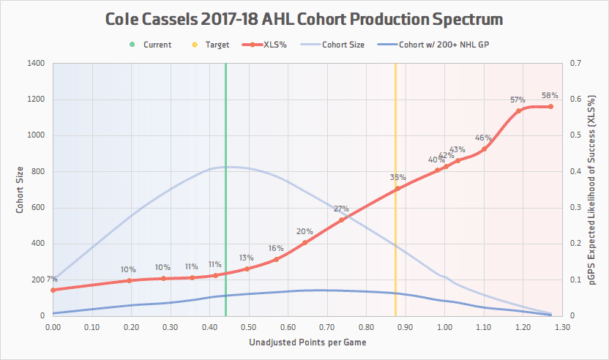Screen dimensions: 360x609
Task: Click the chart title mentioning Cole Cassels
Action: (304, 18)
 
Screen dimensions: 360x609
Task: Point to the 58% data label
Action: (550, 95)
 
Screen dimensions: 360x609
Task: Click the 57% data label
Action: (518, 100)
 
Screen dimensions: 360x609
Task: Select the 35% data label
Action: (397, 177)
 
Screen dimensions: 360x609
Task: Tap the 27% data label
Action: (341, 209)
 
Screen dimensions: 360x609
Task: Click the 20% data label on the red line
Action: (304, 231)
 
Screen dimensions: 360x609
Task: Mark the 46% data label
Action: (483, 138)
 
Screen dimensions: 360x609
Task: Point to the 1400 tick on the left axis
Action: (37, 64)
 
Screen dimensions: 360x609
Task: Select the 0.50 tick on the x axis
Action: (248, 327)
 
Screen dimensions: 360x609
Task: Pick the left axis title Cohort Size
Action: (21, 190)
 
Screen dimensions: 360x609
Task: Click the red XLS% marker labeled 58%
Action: (550, 107)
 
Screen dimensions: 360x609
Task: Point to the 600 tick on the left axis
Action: (39, 208)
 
